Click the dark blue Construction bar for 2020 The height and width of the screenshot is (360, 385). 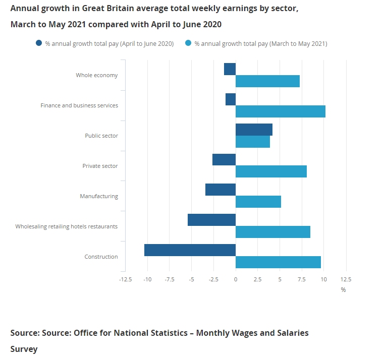pos(190,250)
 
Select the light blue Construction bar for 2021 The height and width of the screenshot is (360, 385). pos(278,262)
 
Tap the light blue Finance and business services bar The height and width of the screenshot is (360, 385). pos(280,111)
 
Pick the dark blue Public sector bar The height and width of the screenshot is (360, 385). pos(254,130)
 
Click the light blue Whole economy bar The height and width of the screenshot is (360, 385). pos(267,81)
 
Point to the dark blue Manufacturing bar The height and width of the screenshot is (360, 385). pos(221,190)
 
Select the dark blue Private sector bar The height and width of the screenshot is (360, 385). pos(224,159)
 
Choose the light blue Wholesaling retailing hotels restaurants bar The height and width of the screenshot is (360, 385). pos(272,232)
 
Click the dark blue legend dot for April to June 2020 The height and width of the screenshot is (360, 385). pos(39,44)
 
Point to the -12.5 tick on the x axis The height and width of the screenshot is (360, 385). pos(126,279)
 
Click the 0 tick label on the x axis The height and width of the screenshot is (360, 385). pos(236,279)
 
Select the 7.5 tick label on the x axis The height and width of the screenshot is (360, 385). pos(301,279)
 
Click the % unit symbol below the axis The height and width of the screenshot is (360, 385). pos(343,290)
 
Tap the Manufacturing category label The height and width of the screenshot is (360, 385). pos(99,196)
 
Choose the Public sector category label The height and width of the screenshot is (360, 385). pos(101,136)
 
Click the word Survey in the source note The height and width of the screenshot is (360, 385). pos(24,349)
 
